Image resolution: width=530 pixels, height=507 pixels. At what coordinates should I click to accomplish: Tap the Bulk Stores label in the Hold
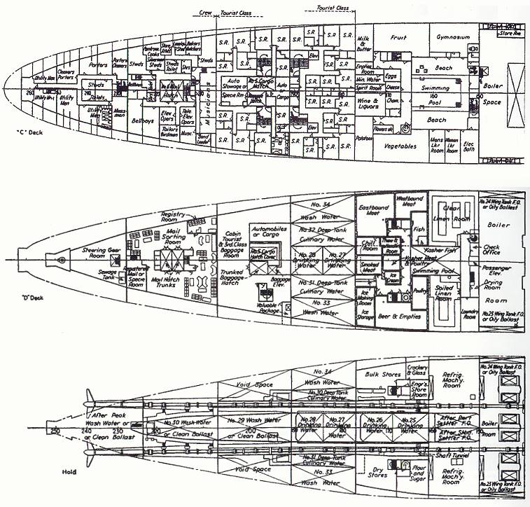click(x=382, y=374)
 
